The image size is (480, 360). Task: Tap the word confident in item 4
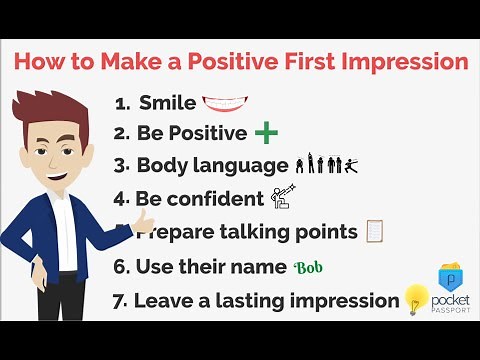[x=220, y=199]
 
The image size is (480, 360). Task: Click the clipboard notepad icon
[x=375, y=231]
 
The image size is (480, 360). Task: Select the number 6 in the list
[x=121, y=267]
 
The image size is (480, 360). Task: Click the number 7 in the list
[x=120, y=300]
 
